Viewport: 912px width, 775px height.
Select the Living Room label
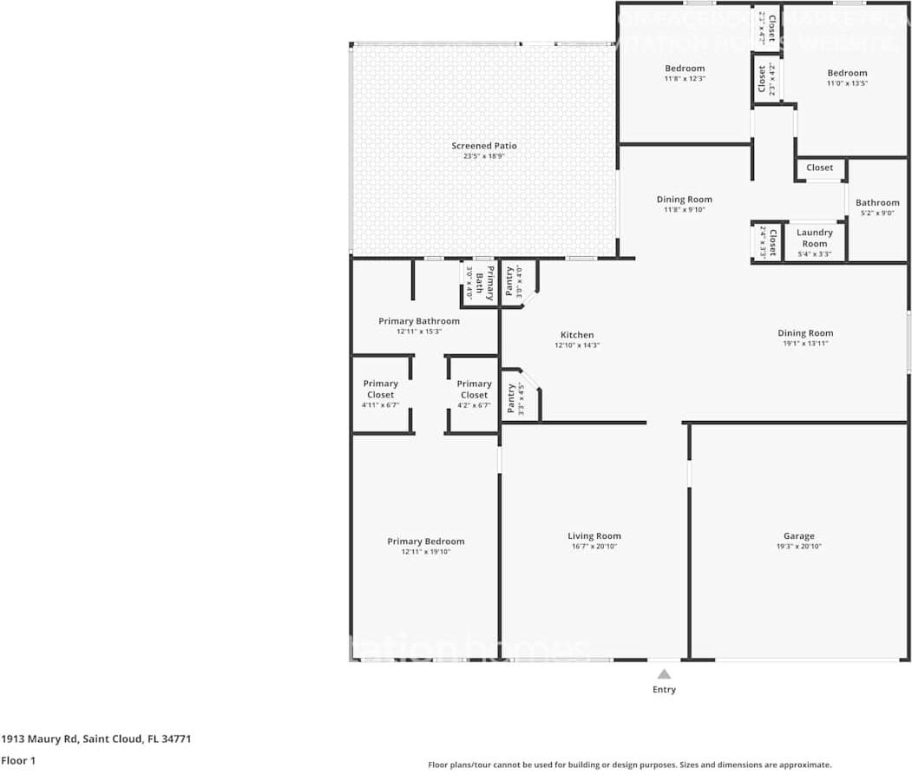pyautogui.click(x=594, y=536)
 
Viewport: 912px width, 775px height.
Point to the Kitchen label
pyautogui.click(x=577, y=335)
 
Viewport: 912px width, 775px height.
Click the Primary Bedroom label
pyautogui.click(x=425, y=542)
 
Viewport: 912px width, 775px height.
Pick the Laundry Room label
pyautogui.click(x=814, y=238)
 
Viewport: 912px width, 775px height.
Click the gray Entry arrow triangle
pyautogui.click(x=664, y=673)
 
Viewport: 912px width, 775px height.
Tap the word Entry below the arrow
pyautogui.click(x=664, y=690)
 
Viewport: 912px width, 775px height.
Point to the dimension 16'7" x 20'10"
pyautogui.click(x=594, y=547)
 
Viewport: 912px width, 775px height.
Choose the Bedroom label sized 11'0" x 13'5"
pyautogui.click(x=846, y=73)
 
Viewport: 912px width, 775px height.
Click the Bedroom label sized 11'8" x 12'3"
pyautogui.click(x=685, y=69)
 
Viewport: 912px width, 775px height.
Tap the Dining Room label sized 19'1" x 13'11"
pyautogui.click(x=804, y=333)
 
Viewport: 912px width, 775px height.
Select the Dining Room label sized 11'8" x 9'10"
pyautogui.click(x=684, y=200)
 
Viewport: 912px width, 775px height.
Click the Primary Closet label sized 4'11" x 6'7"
pyautogui.click(x=380, y=389)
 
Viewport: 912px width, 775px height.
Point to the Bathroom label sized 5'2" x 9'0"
pyautogui.click(x=877, y=203)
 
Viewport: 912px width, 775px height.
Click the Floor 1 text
pyautogui.click(x=17, y=760)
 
